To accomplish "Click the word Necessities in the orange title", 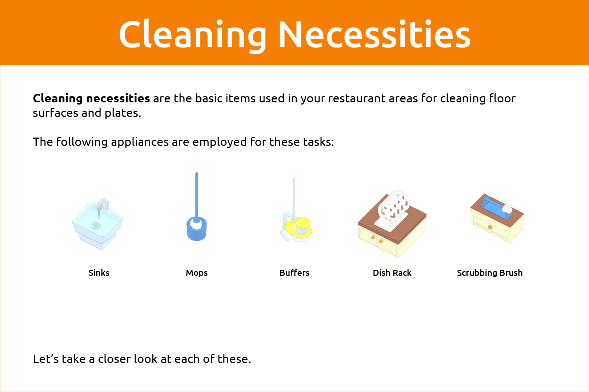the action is coord(374,34).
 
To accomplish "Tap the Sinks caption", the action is coord(99,273).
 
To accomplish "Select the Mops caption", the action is coord(197,273).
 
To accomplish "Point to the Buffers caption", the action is coord(294,273).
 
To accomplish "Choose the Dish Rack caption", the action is coord(392,273).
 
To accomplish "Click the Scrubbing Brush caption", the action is coord(490,273).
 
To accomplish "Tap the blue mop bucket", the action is coord(197,229).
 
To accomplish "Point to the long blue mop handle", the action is coord(197,196).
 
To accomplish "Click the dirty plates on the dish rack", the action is coord(393,207).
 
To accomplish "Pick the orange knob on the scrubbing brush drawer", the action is coord(490,227).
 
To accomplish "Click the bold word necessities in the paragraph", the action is coord(118,98).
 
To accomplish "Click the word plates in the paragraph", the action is coord(123,113).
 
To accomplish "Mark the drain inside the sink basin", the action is coord(96,225).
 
